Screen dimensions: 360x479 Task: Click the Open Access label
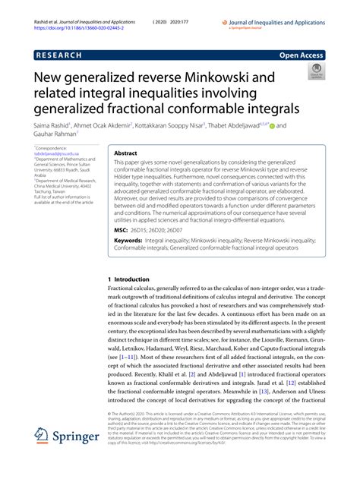302,55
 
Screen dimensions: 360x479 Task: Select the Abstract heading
126,153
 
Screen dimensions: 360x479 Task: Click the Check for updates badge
314,72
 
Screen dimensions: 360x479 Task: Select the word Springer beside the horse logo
79,459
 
